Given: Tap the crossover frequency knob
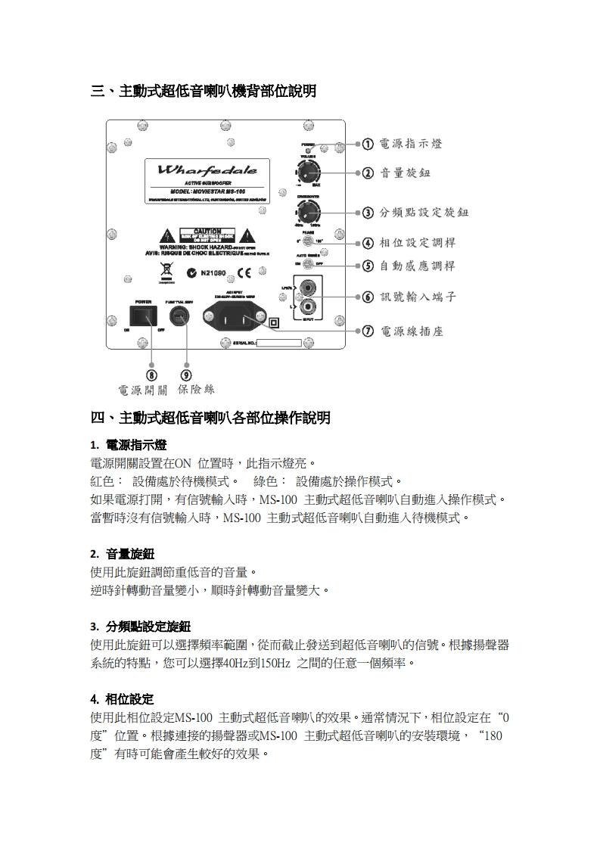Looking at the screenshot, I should (x=309, y=210).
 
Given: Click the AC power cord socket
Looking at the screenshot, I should (x=235, y=317).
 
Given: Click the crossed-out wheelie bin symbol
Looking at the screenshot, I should (x=166, y=270).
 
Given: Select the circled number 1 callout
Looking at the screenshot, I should (x=367, y=144).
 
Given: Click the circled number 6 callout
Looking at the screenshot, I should (x=367, y=297).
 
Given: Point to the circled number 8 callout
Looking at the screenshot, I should (x=152, y=375).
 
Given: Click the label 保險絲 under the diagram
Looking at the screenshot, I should (x=196, y=390).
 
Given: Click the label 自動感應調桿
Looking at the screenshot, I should (x=417, y=266).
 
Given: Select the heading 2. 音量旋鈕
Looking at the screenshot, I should (x=122, y=554).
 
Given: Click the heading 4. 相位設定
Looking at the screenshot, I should (x=122, y=698).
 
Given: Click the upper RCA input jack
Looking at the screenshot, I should (x=309, y=289).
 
